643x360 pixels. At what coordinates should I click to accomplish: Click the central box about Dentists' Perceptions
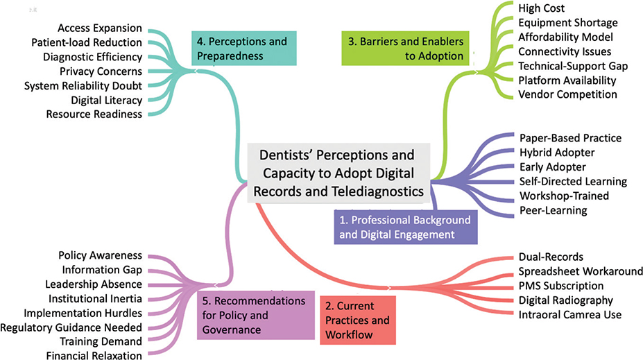click(339, 173)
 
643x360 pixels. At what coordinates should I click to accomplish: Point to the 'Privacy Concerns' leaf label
click(101, 71)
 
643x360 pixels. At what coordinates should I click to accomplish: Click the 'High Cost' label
click(542, 8)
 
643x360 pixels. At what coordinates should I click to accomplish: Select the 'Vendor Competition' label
click(567, 94)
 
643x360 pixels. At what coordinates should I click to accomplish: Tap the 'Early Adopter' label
click(553, 167)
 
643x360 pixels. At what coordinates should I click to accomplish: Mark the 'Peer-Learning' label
click(553, 210)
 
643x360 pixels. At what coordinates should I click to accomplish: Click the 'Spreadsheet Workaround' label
click(581, 271)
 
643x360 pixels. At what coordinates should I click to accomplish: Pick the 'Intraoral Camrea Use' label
click(570, 315)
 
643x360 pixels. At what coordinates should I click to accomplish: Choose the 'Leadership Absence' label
click(94, 284)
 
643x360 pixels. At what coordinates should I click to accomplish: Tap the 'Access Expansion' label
click(100, 28)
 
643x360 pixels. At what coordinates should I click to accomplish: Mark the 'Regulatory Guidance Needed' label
click(71, 327)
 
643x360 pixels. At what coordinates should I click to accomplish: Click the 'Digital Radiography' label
click(566, 300)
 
